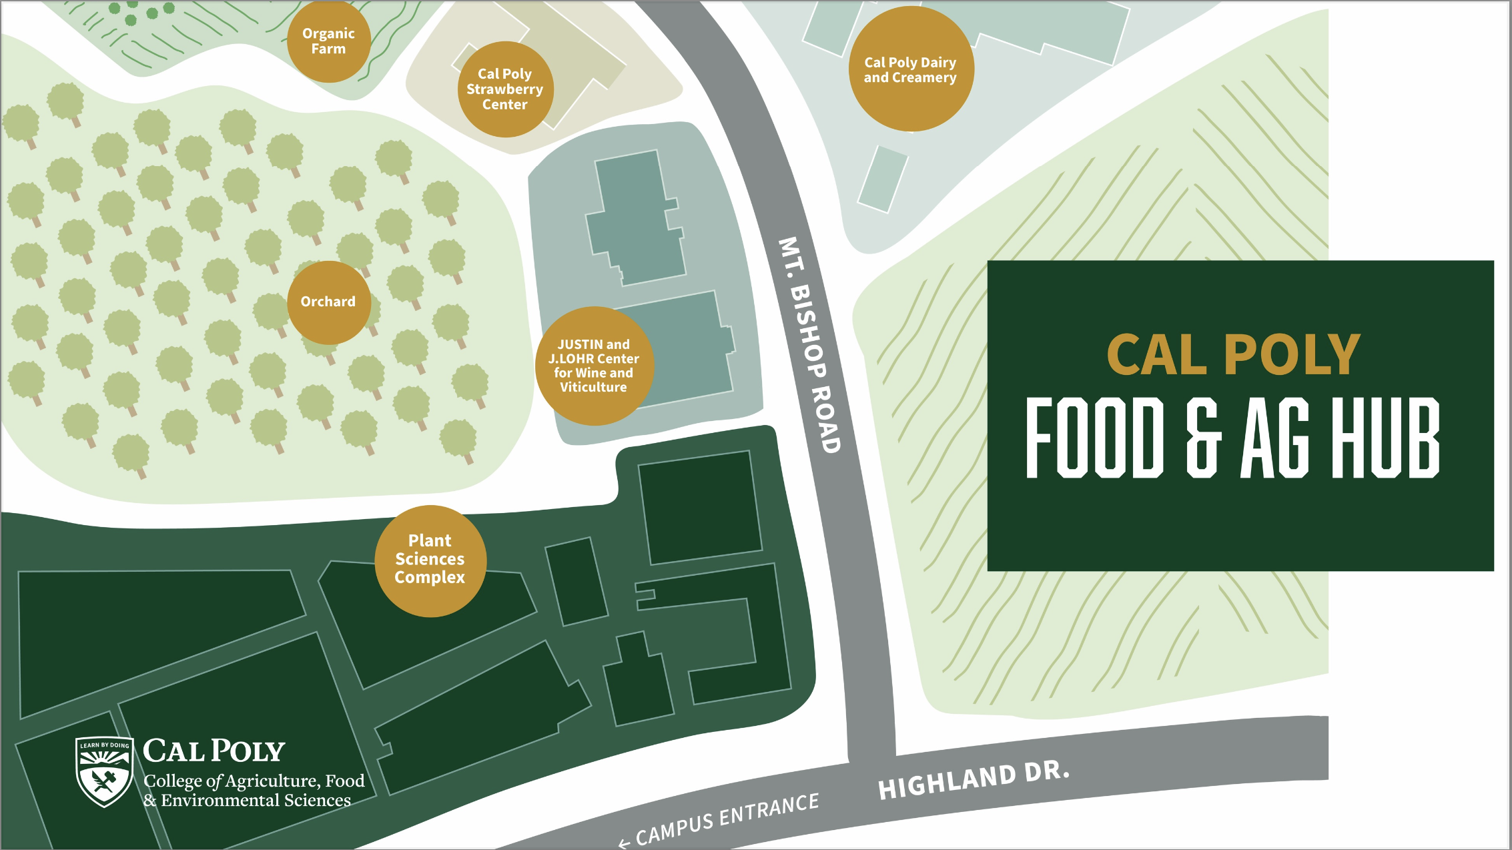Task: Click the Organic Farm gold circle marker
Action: coord(328,41)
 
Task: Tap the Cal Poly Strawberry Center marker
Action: coord(505,89)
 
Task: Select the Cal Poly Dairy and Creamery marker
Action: coord(911,69)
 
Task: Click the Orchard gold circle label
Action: coord(328,302)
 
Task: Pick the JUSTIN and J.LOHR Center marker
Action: coord(594,366)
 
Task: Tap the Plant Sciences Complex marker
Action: coord(430,560)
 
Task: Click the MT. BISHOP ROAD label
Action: coord(810,344)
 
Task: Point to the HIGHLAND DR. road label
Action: coord(974,780)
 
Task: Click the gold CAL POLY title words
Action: coord(1233,355)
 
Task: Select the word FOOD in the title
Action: coord(1094,438)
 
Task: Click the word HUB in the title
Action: coord(1385,438)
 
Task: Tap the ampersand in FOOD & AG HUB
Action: coord(1204,438)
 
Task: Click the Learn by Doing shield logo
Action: coord(104,771)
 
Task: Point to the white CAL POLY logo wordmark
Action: coord(214,751)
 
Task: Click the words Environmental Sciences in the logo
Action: coord(256,801)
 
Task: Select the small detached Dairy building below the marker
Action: coord(883,179)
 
